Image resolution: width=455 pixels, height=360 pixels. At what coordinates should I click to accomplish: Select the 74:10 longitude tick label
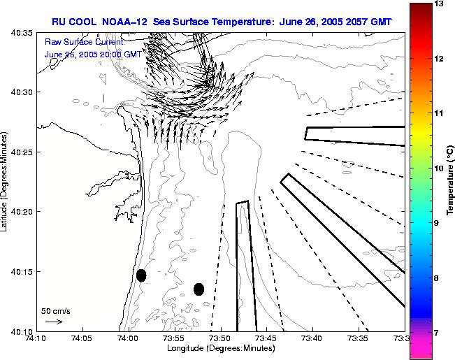tap(36, 339)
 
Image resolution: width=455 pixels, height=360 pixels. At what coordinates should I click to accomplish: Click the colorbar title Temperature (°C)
tap(451, 178)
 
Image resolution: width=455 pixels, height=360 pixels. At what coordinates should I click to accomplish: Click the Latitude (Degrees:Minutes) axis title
tap(5, 181)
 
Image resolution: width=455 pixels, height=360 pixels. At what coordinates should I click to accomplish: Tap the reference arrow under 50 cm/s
tap(53, 322)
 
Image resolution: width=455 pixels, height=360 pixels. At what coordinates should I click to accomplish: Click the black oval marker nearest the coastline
tap(141, 275)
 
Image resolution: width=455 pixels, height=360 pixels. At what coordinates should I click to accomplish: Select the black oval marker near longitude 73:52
tap(198, 289)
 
